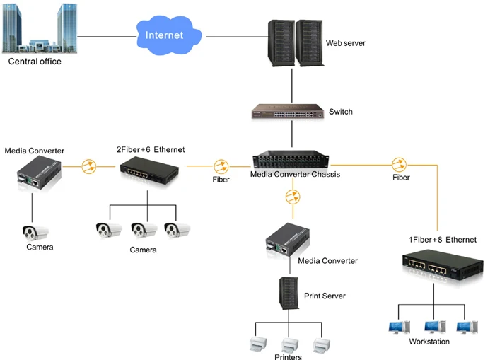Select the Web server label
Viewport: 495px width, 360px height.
tap(345, 43)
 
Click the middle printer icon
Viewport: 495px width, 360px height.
tap(289, 344)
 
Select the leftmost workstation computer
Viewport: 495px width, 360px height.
tap(397, 327)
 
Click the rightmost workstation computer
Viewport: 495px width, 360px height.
tap(465, 327)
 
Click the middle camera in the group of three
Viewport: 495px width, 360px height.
tap(144, 230)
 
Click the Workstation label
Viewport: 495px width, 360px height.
tap(429, 342)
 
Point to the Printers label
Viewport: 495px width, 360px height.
tap(289, 356)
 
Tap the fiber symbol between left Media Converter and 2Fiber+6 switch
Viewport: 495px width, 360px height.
tap(88, 167)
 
